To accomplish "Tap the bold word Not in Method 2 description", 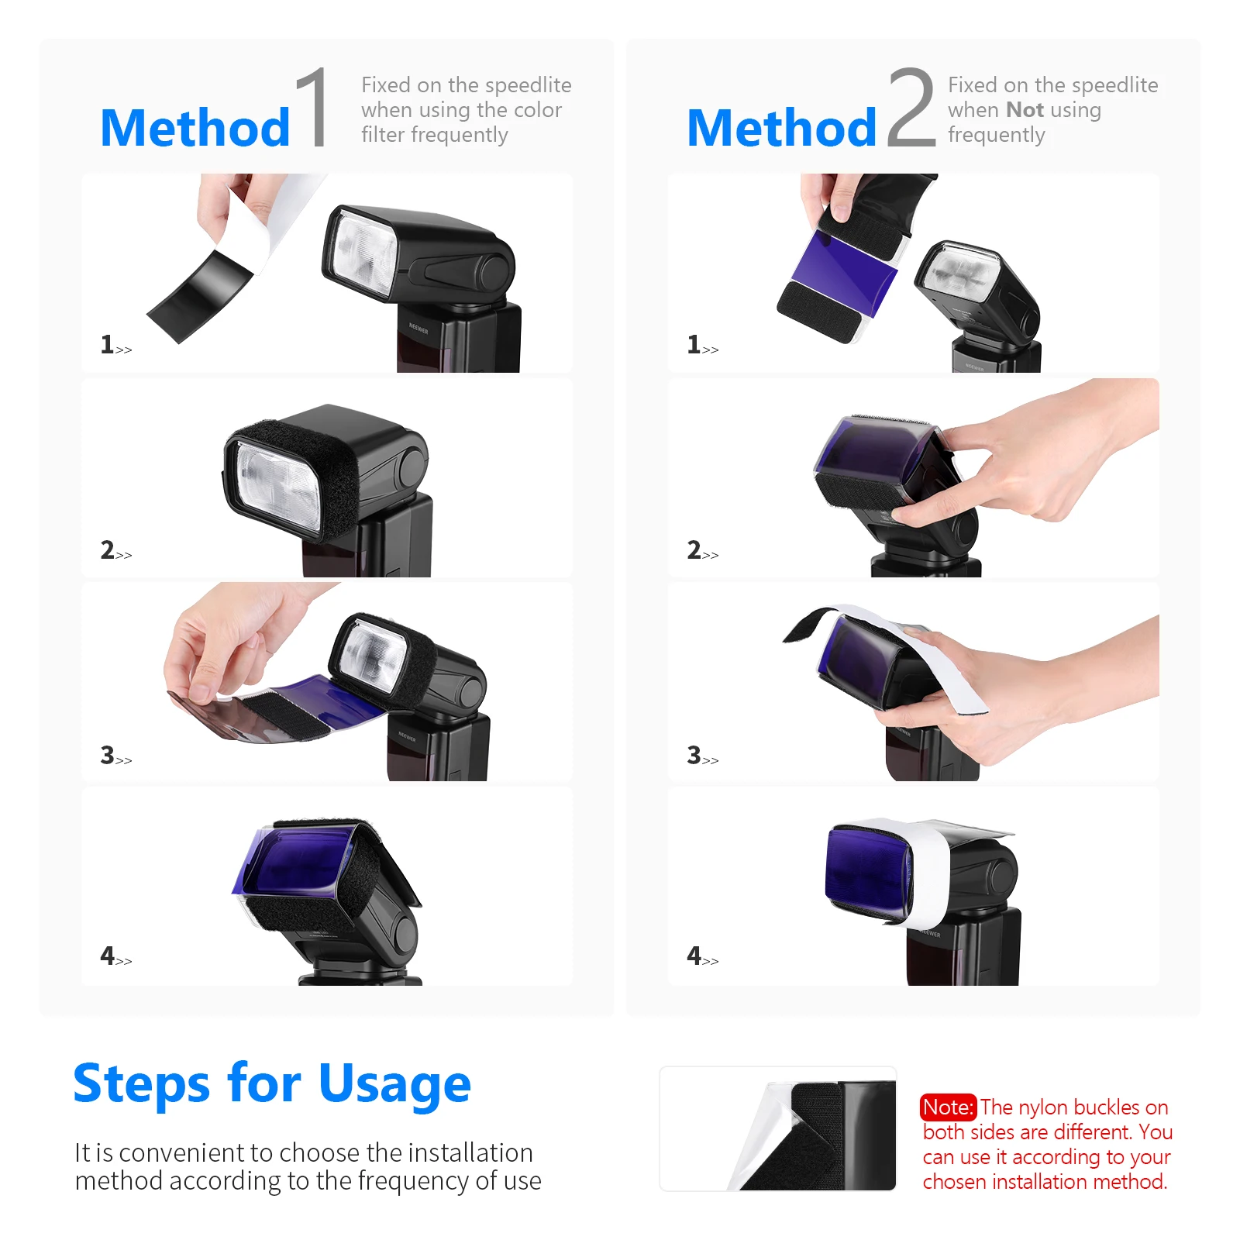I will (x=1024, y=110).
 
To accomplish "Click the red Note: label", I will (x=947, y=1107).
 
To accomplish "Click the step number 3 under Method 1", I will (x=107, y=755).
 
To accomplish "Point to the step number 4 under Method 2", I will (x=694, y=956).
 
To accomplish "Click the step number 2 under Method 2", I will (x=694, y=550).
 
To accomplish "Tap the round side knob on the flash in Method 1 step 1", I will (x=493, y=271).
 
